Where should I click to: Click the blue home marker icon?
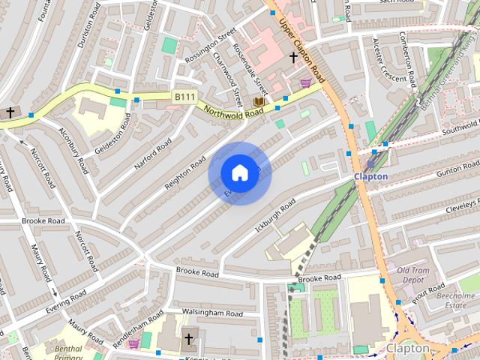(x=239, y=172)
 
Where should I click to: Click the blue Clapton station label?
(x=370, y=176)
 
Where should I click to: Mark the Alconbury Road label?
(x=74, y=149)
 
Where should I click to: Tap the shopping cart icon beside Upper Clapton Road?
(x=305, y=82)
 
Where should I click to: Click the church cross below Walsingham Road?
(x=188, y=338)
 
